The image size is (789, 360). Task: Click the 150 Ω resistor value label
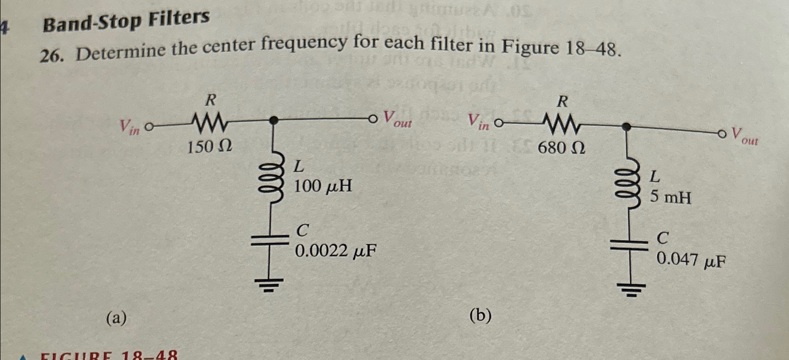pyautogui.click(x=209, y=147)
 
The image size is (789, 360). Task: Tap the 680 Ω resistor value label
pyautogui.click(x=561, y=148)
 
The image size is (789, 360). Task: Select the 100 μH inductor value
pyautogui.click(x=323, y=186)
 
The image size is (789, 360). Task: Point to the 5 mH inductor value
pyautogui.click(x=670, y=197)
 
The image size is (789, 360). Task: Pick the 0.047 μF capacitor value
pyautogui.click(x=691, y=259)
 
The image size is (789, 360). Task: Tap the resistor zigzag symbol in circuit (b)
pyautogui.click(x=562, y=125)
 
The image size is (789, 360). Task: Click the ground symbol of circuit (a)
pyautogui.click(x=269, y=284)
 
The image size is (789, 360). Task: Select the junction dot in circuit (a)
pyautogui.click(x=275, y=120)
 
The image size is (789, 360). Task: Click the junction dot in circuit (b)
pyautogui.click(x=626, y=126)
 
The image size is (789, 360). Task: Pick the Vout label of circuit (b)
pyautogui.click(x=744, y=136)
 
